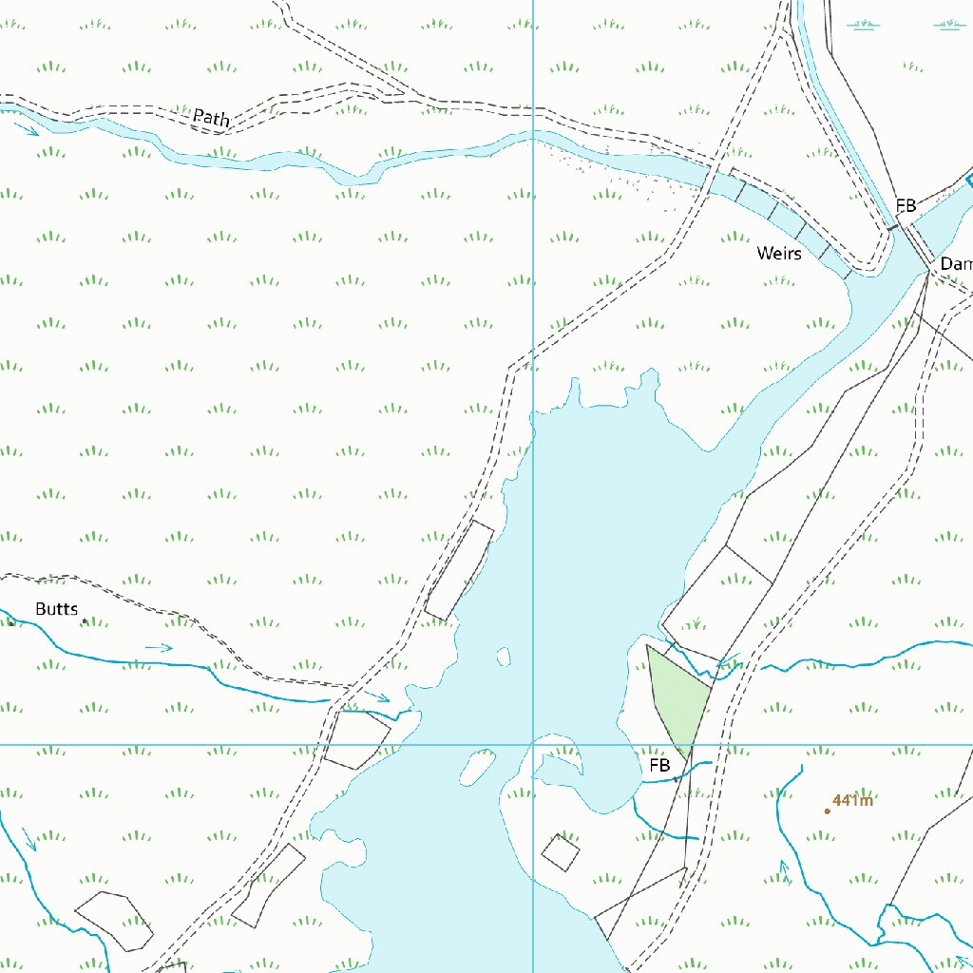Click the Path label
(211, 118)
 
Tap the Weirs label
(779, 254)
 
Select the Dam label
(956, 264)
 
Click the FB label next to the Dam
(906, 205)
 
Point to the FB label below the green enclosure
(659, 765)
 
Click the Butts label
(56, 609)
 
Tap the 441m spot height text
(852, 800)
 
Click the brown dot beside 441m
(827, 811)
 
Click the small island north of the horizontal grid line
(503, 657)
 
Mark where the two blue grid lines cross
(533, 744)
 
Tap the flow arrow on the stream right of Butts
(160, 647)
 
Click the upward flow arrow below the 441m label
(784, 868)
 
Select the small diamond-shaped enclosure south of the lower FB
(561, 851)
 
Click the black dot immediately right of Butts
(85, 620)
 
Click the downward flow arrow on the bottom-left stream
(29, 839)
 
